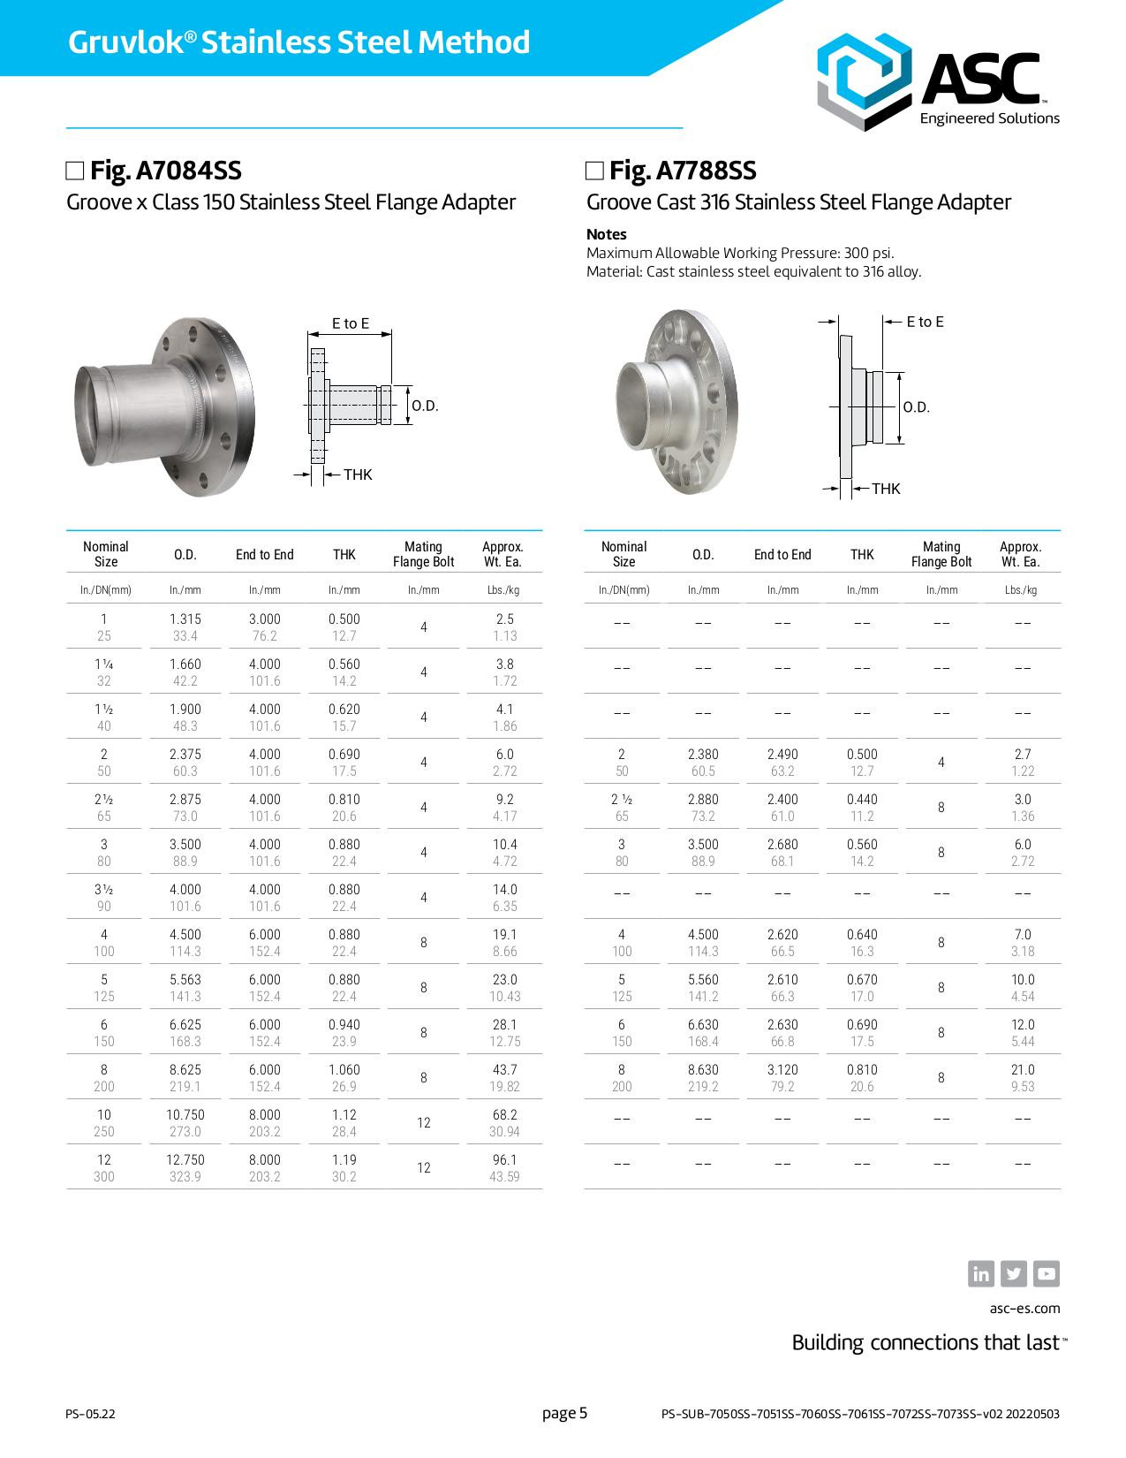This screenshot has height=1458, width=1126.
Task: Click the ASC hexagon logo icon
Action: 863,81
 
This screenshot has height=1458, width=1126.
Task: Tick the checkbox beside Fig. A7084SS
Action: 75,171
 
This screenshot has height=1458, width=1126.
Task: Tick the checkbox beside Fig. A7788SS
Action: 595,171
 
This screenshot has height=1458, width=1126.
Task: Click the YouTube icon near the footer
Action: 1046,1273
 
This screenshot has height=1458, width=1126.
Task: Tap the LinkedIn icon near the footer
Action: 981,1273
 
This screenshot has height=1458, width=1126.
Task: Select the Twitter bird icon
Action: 1014,1273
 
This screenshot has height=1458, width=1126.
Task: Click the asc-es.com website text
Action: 1024,1308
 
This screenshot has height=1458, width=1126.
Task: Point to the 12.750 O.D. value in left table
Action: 185,1159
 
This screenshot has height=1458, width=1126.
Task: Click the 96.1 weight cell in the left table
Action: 504,1159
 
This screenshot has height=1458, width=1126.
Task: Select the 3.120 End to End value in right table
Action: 782,1069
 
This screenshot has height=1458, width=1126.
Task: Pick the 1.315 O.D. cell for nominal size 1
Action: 185,619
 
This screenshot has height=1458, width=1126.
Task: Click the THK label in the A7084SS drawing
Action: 358,475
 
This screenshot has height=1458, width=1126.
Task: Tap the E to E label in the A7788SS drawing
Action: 925,322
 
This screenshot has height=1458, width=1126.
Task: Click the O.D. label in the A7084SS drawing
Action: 425,406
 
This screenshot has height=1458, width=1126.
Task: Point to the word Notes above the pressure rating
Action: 606,234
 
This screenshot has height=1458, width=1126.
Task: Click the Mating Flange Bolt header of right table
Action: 941,554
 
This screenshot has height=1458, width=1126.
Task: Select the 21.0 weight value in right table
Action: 1022,1069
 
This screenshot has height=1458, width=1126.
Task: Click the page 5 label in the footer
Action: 564,1413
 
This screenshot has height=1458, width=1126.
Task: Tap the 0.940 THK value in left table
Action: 344,1024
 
